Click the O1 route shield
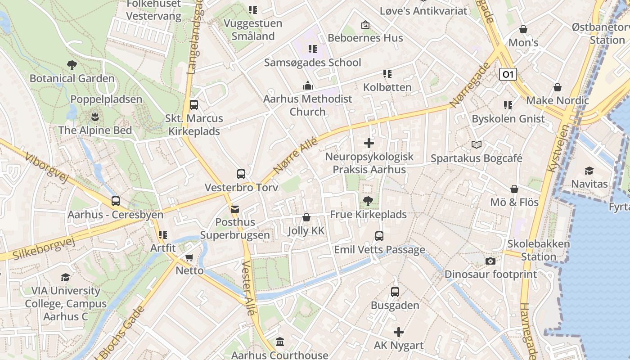[508, 74]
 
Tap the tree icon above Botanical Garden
[72, 65]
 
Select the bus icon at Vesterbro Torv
[241, 174]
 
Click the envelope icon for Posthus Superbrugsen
[234, 209]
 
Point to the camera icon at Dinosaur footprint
[490, 261]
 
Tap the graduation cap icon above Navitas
[589, 171]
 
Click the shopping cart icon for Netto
[189, 257]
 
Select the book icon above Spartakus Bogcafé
[477, 144]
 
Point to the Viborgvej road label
[46, 167]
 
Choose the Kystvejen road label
[558, 148]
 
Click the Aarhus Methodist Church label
[307, 105]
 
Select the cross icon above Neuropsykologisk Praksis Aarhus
[369, 143]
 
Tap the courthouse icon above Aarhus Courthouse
[280, 342]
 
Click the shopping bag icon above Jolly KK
[306, 217]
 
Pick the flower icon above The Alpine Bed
[95, 117]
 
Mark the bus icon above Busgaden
[395, 292]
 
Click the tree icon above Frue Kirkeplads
[368, 201]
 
